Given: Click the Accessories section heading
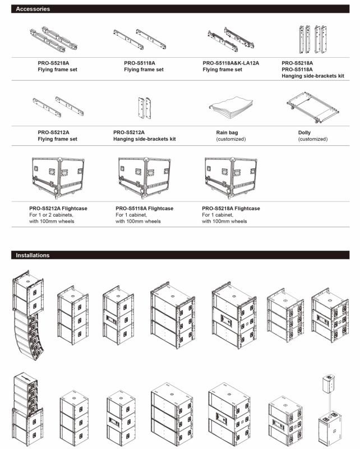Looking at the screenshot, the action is tap(33, 9).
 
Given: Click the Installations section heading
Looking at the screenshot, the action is tap(33, 255).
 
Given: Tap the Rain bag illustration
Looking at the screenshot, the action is tap(230, 107).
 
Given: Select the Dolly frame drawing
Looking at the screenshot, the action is tap(313, 107).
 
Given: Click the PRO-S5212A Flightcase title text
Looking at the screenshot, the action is tap(58, 208).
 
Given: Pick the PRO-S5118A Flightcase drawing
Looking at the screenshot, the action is tap(145, 177).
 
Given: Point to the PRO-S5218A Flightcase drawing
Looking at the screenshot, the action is tap(231, 177).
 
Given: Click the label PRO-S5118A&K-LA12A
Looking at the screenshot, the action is tap(230, 63).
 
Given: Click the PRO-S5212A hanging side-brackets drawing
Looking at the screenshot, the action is tap(145, 108).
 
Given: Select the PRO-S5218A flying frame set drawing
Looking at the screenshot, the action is tap(53, 39).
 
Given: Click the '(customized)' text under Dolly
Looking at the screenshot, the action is tap(313, 139).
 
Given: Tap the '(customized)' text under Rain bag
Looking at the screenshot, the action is tap(231, 139).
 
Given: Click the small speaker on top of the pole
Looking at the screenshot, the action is tap(329, 382).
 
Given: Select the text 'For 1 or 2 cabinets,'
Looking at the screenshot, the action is tap(51, 215).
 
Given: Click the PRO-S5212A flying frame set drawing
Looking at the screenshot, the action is tap(58, 107).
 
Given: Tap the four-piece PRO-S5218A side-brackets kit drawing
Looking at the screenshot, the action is tap(313, 39).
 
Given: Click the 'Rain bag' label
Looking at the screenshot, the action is tap(227, 132).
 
